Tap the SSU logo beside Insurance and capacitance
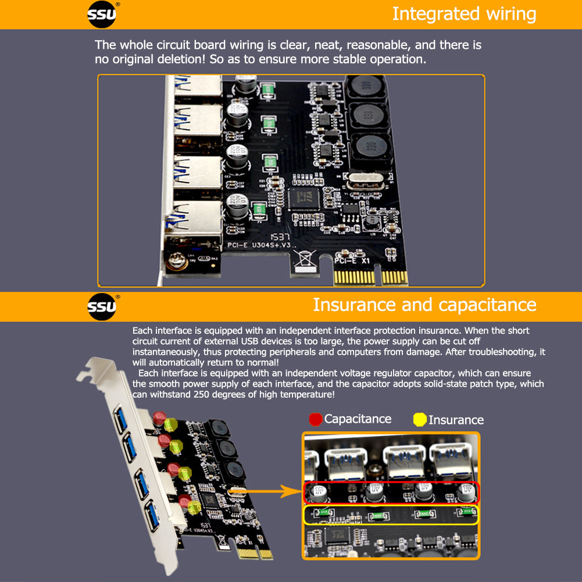point(103,306)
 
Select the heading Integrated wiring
point(463,14)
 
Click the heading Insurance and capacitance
point(424,305)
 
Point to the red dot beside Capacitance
point(316,419)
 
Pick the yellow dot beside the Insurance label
point(419,420)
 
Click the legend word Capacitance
point(358,419)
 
